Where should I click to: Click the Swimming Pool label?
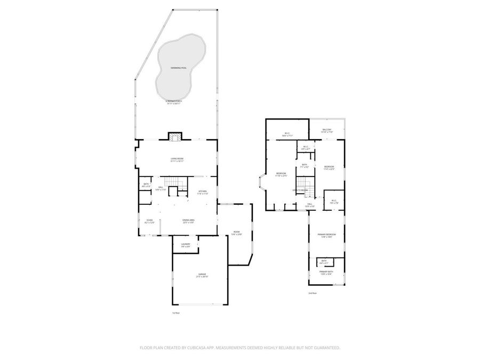coord(179,68)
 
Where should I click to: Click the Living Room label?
coord(177,159)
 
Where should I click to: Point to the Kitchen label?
coord(203,192)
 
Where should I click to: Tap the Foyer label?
coord(150,220)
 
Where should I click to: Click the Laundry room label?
coord(186,245)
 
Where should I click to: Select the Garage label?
coord(202,275)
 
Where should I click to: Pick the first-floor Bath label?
coord(146,185)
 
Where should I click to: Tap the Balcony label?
coord(327,130)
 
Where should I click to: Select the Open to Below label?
coord(300,190)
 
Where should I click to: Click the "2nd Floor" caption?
coord(312,293)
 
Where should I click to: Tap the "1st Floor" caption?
coord(175,313)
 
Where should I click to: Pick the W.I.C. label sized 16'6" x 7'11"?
coord(287,134)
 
